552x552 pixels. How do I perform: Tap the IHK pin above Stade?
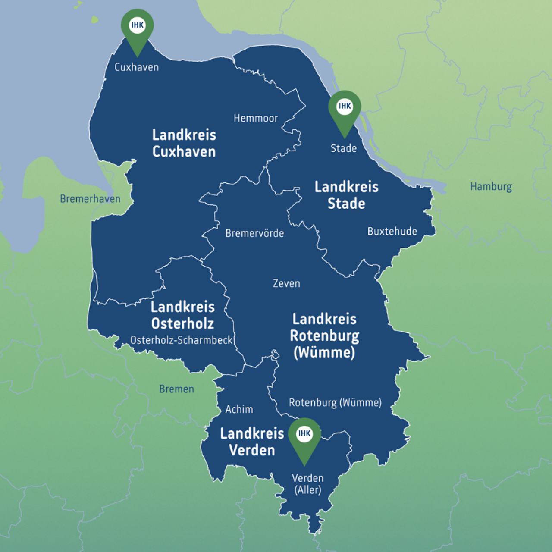coord(345,108)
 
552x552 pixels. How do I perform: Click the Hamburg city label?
coord(491,187)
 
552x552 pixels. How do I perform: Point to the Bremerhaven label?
coord(90,199)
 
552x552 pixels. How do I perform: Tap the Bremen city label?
coord(176,389)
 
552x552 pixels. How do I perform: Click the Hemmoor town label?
coord(256,118)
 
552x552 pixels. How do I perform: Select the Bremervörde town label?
coord(254,233)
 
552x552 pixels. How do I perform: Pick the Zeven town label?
coord(286,284)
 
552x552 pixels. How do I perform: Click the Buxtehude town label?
coord(392,232)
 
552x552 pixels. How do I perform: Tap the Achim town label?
coord(239,409)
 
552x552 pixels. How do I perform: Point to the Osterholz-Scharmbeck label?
coord(181,340)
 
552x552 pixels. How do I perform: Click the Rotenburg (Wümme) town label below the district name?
coord(335,403)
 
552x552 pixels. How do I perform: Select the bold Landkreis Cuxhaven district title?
coord(184,143)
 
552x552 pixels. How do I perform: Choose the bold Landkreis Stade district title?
coord(346,195)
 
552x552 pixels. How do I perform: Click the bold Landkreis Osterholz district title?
coord(182,315)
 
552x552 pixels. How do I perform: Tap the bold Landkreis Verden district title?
coord(252,442)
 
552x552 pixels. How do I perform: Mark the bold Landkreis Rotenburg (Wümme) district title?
coord(324,336)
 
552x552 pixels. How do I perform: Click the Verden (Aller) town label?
coord(307,484)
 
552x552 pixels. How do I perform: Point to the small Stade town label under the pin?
coord(343,148)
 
